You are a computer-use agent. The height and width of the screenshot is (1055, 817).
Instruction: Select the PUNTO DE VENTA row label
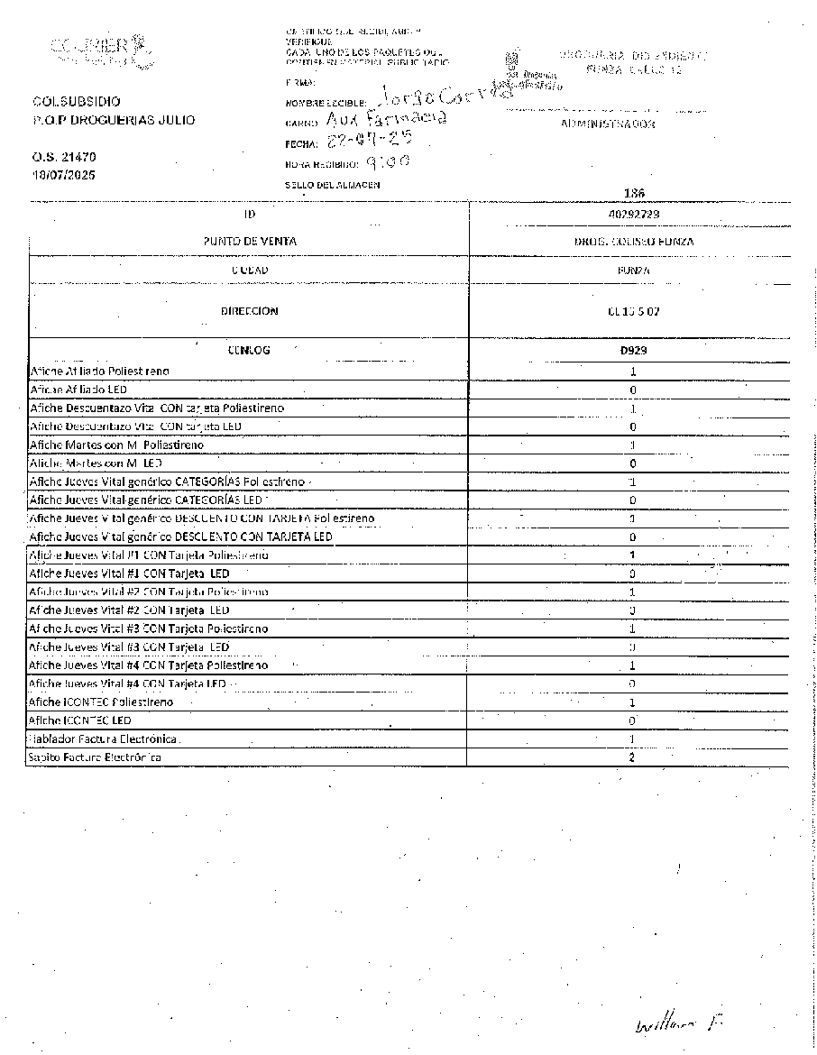click(249, 242)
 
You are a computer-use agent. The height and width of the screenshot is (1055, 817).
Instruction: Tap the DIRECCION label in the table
click(249, 311)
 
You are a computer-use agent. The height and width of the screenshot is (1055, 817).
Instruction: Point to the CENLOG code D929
click(632, 350)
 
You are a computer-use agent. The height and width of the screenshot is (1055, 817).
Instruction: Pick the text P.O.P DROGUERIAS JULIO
click(113, 120)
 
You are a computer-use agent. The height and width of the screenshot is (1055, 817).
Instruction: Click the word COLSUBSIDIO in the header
click(76, 102)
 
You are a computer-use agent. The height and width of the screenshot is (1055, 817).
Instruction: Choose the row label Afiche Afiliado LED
click(78, 390)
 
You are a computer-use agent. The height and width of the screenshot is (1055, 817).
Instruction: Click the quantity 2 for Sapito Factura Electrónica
click(632, 757)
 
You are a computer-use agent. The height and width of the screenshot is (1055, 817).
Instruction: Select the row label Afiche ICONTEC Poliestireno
click(101, 702)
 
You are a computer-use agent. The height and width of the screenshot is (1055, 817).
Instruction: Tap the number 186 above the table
click(633, 193)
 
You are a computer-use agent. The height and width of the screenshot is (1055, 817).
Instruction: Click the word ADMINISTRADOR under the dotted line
click(608, 124)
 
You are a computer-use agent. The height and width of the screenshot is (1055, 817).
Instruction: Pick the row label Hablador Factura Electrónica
click(104, 738)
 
